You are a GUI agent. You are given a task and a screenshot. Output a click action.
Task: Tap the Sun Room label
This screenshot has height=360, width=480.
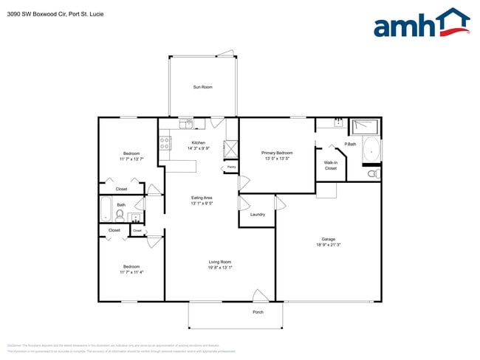[203, 87]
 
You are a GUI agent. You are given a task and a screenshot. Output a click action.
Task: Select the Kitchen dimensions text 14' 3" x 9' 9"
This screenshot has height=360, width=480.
[198, 148]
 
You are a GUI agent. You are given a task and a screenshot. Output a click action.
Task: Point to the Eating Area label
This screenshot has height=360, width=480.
[202, 198]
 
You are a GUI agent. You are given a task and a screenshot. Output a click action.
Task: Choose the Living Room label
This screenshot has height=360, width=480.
[220, 262]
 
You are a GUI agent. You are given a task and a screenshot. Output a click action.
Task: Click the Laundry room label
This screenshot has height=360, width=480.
[257, 215]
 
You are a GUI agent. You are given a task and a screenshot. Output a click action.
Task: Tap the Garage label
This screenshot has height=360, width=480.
[329, 238]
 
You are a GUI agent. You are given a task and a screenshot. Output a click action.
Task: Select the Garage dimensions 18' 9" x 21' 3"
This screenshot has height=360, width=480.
[329, 245]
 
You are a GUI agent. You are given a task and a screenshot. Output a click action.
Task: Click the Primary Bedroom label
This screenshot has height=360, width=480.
[277, 153]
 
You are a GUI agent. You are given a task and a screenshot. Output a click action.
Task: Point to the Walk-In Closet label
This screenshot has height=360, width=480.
[331, 165]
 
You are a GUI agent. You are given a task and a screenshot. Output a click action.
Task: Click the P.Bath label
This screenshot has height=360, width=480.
[350, 144]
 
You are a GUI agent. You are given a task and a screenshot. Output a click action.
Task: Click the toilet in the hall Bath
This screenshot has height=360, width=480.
[120, 215]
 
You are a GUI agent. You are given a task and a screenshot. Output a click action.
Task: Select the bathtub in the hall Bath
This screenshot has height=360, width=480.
[105, 209]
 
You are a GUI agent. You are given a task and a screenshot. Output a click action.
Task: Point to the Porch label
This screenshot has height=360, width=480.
[258, 312]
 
